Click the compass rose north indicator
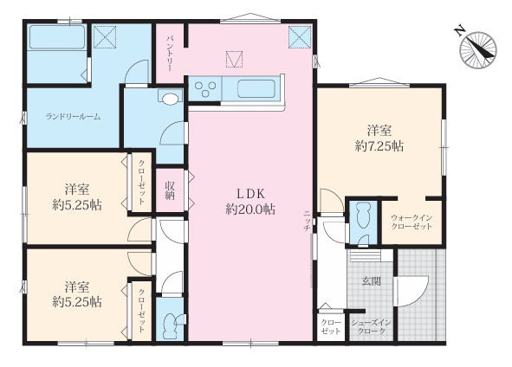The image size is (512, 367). [477, 49]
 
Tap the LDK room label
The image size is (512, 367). [250, 194]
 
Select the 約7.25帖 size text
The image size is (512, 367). [379, 146]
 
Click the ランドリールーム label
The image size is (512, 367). [73, 117]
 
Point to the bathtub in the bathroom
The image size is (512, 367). [57, 37]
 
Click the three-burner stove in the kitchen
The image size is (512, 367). [205, 89]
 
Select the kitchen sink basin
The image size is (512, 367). [256, 88]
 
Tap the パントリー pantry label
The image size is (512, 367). [170, 54]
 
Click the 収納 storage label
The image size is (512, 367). [170, 190]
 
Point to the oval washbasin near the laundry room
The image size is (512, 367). [170, 100]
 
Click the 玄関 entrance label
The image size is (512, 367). [372, 281]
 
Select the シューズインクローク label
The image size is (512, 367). [371, 327]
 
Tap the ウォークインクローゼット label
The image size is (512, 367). [412, 222]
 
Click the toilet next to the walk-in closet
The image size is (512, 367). [363, 216]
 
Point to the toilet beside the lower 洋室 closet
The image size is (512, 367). [171, 325]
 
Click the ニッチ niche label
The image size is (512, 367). [307, 222]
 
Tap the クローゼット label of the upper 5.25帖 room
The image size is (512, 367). [142, 182]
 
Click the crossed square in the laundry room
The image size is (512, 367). [105, 36]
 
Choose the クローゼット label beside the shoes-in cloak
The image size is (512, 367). [331, 326]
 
